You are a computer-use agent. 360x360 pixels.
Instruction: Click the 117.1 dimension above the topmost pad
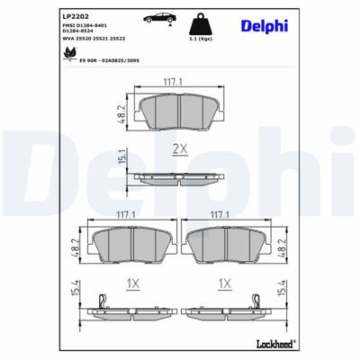pyautogui.click(x=180, y=84)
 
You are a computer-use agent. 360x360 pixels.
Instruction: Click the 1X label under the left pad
pyautogui.click(x=132, y=283)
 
